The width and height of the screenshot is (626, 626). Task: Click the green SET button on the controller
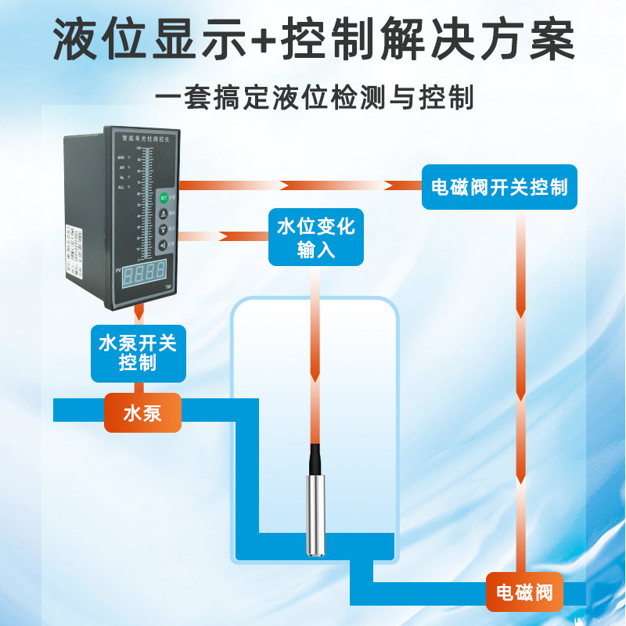click(164, 197)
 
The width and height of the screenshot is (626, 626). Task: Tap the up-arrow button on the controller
click(164, 213)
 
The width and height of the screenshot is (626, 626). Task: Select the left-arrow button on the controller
click(164, 246)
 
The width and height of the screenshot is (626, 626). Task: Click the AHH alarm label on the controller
click(121, 157)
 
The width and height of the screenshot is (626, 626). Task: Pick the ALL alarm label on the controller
click(121, 188)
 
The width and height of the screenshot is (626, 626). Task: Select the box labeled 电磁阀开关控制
click(499, 187)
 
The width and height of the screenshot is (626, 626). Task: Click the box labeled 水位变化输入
click(316, 238)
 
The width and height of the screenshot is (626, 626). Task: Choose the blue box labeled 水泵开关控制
click(139, 353)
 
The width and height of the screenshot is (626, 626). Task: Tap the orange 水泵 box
click(142, 412)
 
